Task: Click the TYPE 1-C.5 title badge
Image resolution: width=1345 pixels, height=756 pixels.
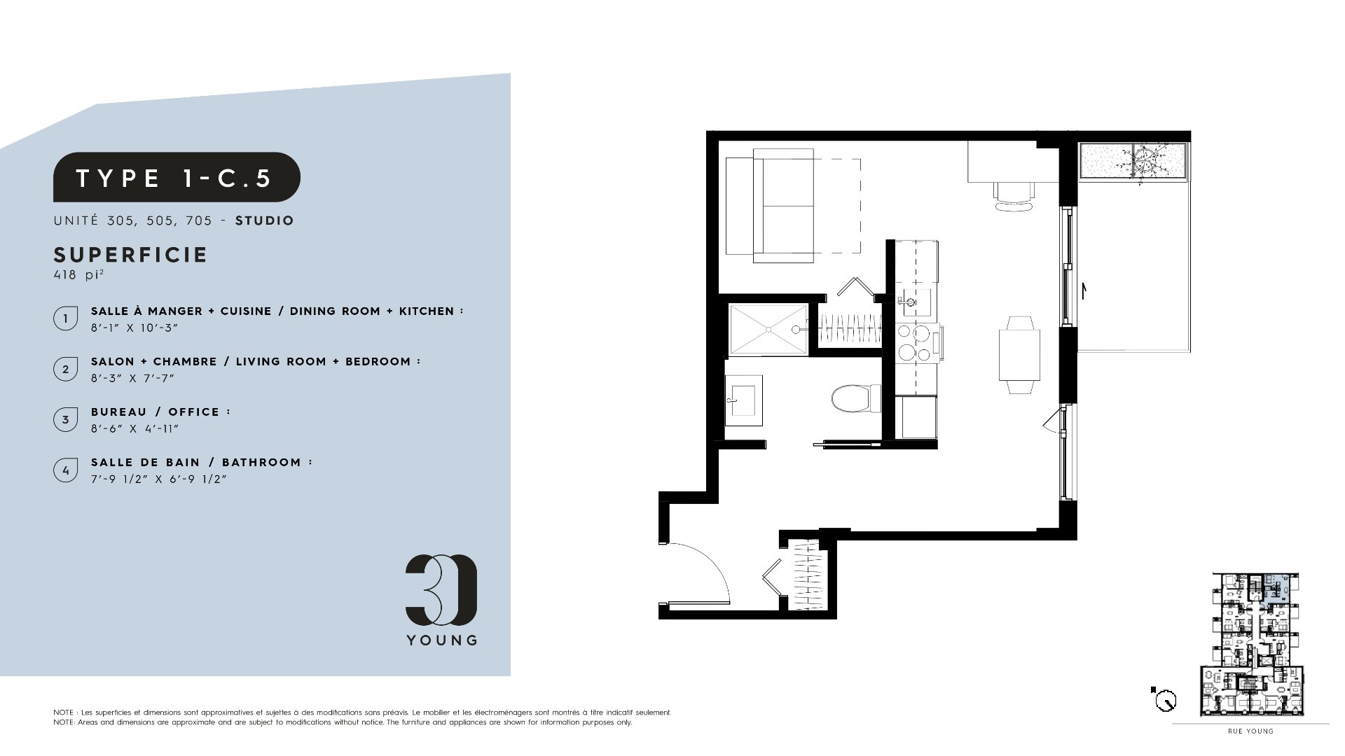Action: [177, 177]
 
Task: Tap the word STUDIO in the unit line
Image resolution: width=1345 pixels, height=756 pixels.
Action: [265, 220]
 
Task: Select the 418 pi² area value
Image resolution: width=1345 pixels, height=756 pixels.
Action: [78, 274]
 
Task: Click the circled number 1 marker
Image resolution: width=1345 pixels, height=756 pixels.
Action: [65, 318]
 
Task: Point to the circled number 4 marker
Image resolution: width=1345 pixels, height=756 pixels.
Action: [65, 470]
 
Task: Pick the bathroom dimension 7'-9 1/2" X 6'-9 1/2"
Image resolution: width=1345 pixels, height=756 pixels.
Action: [159, 479]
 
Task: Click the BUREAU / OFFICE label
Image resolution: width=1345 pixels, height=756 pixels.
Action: [160, 412]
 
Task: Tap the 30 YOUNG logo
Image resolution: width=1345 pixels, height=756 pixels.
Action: [441, 600]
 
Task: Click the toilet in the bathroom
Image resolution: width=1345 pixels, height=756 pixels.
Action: [857, 398]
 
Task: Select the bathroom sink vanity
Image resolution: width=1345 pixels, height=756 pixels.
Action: [743, 400]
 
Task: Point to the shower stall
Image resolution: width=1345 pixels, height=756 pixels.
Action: [768, 328]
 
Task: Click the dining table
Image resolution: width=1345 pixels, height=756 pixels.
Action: [1019, 355]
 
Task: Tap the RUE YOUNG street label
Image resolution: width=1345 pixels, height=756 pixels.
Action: [1250, 731]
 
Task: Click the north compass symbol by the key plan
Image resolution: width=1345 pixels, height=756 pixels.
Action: [1164, 699]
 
